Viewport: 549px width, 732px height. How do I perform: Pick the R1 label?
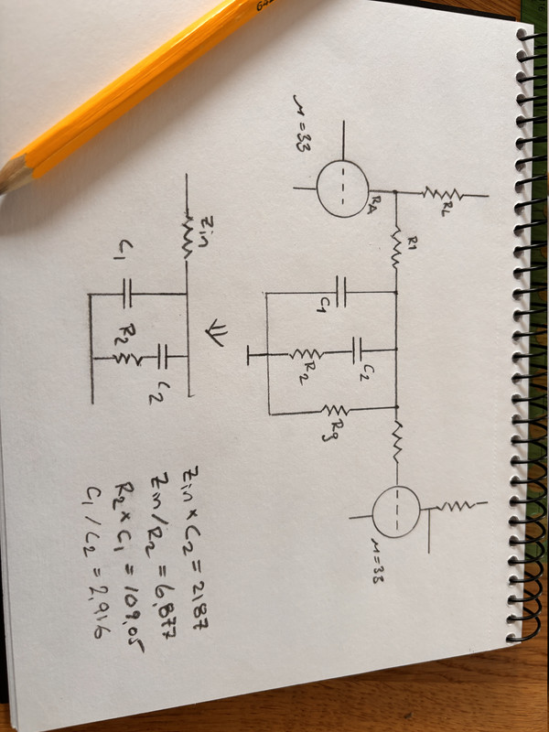[413, 245]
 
